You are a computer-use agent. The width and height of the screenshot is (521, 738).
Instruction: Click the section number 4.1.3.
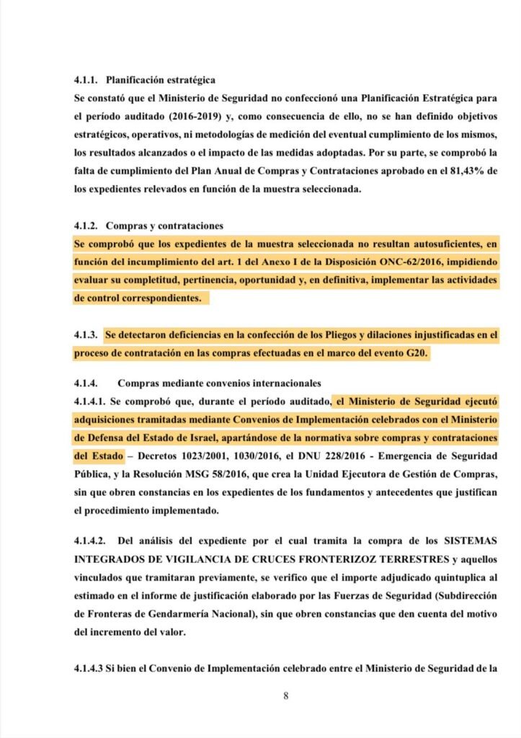pos(86,335)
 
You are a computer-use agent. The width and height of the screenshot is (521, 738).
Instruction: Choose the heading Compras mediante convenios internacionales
pos(219,383)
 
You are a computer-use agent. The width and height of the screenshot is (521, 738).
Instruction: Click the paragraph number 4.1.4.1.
pos(90,401)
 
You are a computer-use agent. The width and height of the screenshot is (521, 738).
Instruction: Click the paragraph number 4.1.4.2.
pos(90,541)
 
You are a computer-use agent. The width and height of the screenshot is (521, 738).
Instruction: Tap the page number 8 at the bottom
pos(286,697)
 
